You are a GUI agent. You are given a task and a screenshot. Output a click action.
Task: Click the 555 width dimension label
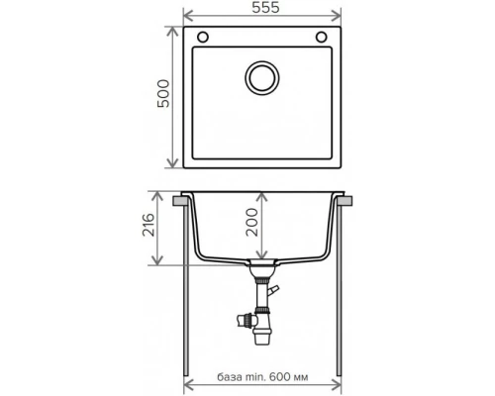pyautogui.click(x=265, y=8)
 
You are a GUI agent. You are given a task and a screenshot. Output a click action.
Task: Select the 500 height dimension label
pyautogui.click(x=163, y=93)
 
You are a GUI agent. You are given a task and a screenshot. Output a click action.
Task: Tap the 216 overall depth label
pyautogui.click(x=148, y=225)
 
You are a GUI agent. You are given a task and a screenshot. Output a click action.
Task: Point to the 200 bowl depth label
pyautogui.click(x=252, y=222)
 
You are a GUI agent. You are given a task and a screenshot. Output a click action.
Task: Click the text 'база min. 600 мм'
pyautogui.click(x=262, y=377)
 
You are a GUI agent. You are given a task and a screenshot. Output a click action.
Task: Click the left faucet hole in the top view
pyautogui.click(x=203, y=37)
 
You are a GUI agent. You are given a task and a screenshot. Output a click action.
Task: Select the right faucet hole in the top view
pyautogui.click(x=322, y=37)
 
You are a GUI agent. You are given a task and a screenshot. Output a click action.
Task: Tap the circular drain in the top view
pyautogui.click(x=262, y=78)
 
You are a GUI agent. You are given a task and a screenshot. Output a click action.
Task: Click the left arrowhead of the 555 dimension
pyautogui.click(x=188, y=15)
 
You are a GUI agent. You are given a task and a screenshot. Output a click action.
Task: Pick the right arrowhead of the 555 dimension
pyautogui.click(x=337, y=15)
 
